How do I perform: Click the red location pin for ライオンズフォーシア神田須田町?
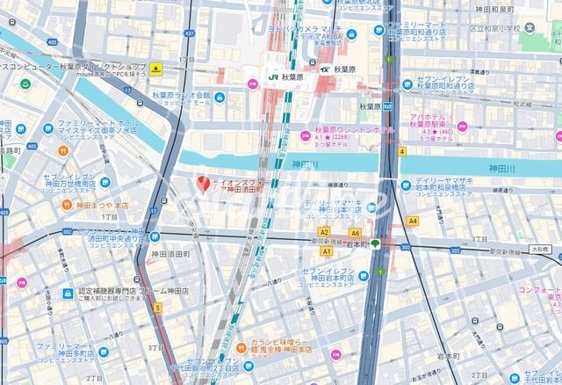[204, 185]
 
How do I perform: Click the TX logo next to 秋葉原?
[324, 69]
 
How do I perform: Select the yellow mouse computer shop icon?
[155, 69]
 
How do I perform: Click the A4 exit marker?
[412, 222]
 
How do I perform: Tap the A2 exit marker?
[325, 232]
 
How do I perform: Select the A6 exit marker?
[355, 233]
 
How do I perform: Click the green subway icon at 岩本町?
[375, 244]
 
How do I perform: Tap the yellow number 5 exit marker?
[158, 308]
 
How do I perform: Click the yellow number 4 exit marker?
[401, 151]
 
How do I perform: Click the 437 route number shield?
[189, 33]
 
